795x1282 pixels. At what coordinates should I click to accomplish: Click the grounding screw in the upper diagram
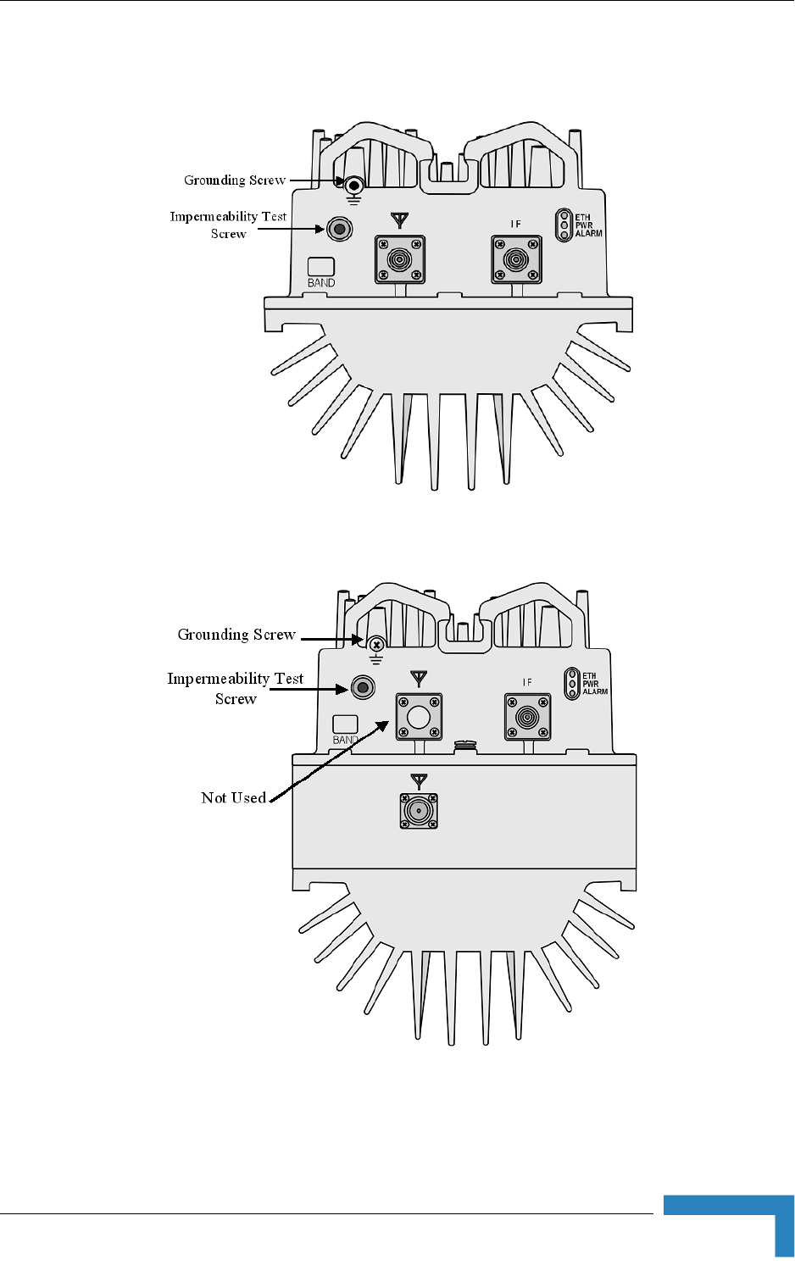353,184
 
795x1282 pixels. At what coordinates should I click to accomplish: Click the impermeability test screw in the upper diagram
340,229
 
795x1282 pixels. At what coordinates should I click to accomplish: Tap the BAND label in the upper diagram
321,283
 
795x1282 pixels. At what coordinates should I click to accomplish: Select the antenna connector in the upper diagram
400,259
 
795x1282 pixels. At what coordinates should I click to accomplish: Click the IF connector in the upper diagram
516,259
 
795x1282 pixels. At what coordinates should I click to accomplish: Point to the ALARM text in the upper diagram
589,234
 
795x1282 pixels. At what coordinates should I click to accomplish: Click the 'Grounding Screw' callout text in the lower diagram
236,635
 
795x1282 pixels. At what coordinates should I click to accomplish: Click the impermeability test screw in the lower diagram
363,687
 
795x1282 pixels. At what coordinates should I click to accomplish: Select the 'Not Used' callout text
233,797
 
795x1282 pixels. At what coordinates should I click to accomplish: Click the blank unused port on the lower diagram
420,717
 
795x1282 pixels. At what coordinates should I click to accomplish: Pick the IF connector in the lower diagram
528,717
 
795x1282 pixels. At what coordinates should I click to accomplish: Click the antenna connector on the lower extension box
419,811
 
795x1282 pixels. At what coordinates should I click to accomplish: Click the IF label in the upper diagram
515,225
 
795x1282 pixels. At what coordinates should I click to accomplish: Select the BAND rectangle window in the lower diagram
345,724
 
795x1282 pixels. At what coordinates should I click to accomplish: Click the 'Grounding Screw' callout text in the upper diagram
235,180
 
